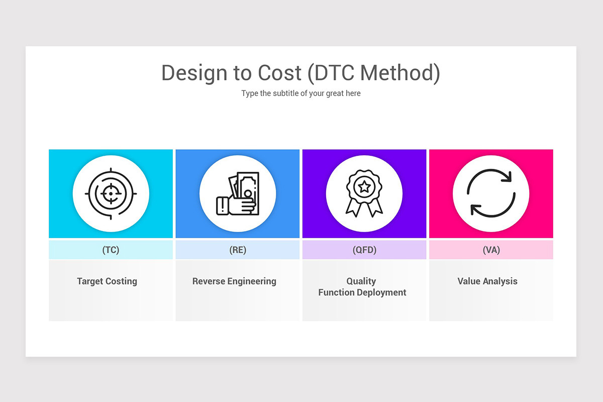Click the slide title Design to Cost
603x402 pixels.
click(x=300, y=73)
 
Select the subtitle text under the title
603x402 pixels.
click(x=300, y=93)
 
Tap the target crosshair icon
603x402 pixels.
click(x=111, y=193)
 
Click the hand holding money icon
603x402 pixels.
click(x=238, y=194)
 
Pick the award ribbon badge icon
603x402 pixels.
click(x=364, y=193)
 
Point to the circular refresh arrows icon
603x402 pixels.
click(x=491, y=193)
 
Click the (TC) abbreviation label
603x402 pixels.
click(x=111, y=250)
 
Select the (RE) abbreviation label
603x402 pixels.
click(x=238, y=250)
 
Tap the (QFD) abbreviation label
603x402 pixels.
click(x=364, y=250)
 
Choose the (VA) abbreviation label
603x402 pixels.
click(x=491, y=250)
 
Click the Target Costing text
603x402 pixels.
click(x=107, y=281)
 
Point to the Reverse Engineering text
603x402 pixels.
click(x=234, y=281)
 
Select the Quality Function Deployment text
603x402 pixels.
click(x=362, y=287)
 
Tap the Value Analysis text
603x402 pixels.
click(x=487, y=281)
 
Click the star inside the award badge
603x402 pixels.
click(x=364, y=187)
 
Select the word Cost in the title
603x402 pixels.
click(x=280, y=73)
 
